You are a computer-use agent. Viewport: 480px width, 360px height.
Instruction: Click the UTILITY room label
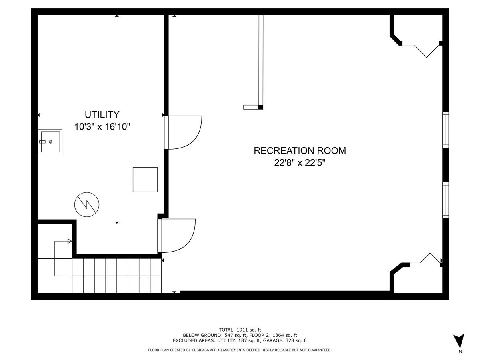coord(102,114)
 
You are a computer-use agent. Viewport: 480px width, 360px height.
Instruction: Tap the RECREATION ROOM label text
coord(300,151)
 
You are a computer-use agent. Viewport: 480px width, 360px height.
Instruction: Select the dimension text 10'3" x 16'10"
coord(102,127)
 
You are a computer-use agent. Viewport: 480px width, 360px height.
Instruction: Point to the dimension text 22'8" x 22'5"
coord(300,163)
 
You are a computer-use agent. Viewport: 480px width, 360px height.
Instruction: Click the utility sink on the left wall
coord(50,142)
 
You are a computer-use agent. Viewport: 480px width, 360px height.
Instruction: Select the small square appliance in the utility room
coord(145,180)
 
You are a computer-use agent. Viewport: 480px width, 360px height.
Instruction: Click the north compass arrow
coord(460,340)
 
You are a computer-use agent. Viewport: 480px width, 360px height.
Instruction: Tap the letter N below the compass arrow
coord(460,352)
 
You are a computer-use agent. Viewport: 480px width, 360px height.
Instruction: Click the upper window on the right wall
coord(446,130)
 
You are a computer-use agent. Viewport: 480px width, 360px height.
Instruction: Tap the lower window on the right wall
coord(446,200)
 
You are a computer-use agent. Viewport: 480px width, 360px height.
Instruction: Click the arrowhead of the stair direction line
coord(70,241)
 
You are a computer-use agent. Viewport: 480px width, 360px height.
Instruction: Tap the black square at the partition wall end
coord(260,107)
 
